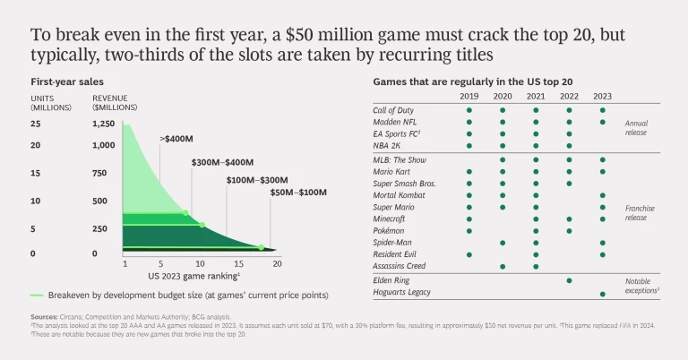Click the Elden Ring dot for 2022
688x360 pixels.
(x=569, y=280)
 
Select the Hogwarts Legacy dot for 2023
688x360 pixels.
(x=602, y=293)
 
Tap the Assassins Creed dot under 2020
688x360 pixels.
(x=502, y=266)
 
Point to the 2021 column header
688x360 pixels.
(x=536, y=97)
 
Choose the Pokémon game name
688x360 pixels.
(x=390, y=230)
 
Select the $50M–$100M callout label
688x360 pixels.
(x=300, y=193)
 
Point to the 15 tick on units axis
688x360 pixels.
(x=35, y=173)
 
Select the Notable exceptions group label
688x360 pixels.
(x=643, y=287)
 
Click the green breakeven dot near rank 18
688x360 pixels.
(x=262, y=247)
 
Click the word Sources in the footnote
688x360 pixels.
(x=44, y=317)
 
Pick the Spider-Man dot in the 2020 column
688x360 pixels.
(x=502, y=243)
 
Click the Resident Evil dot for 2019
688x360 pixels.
(x=469, y=254)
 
